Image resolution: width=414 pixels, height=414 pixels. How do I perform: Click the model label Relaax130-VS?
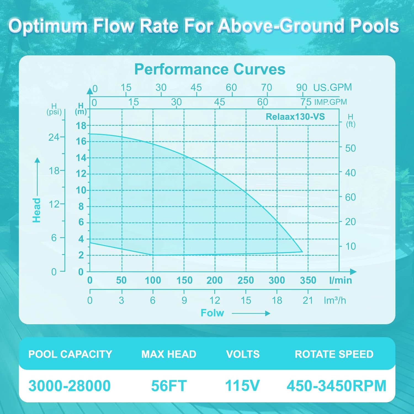pos(295,117)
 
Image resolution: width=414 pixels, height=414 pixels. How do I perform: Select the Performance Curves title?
pos(210,69)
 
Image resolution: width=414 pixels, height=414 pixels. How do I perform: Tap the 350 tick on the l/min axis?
pos(308,280)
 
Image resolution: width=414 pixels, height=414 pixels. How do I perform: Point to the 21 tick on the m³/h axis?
pos(308,300)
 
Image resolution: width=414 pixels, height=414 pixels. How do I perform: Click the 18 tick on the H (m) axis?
pos(81,126)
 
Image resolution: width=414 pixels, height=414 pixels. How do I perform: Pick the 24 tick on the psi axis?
pos(54,137)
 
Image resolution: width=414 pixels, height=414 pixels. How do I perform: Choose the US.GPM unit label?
pos(332,87)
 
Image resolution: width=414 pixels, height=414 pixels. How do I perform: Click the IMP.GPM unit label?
pos(330,102)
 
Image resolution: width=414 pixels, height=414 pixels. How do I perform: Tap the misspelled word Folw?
pos(212,313)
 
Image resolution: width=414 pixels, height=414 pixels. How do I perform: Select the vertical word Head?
pos(37,210)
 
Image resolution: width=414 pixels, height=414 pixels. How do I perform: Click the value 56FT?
pos(169,386)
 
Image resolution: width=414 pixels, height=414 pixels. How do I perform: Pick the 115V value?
pos(242,386)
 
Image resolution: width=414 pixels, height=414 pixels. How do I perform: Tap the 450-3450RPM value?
pos(336,386)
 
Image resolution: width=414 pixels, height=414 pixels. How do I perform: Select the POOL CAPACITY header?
pos(70,354)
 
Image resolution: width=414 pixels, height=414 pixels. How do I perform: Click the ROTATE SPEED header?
pos(334,354)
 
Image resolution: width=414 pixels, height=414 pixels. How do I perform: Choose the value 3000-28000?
pos(70,386)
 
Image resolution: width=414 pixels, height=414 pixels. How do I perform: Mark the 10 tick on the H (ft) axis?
pos(351,246)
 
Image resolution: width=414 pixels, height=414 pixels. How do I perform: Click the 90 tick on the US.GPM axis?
pos(302,87)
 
